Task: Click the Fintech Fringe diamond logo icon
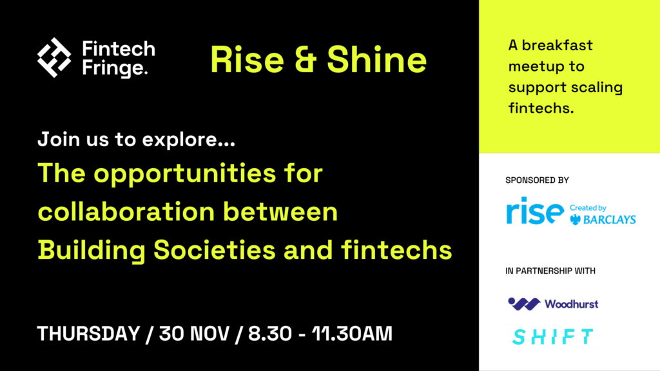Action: tap(54, 57)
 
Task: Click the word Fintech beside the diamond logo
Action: tap(119, 49)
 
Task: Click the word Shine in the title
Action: tap(376, 60)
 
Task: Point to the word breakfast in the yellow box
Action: tap(557, 45)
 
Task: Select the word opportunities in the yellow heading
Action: tap(184, 174)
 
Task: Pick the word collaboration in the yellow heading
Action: tap(126, 211)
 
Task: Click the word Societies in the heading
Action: tap(214, 250)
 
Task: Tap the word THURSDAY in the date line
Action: tap(88, 334)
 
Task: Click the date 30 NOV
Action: tap(195, 334)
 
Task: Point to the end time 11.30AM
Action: tap(352, 334)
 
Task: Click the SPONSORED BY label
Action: tap(537, 180)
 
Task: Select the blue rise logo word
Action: tap(534, 211)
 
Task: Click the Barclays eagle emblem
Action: tap(575, 219)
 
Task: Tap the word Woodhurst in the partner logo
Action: tap(571, 304)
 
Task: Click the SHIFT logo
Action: tap(552, 337)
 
